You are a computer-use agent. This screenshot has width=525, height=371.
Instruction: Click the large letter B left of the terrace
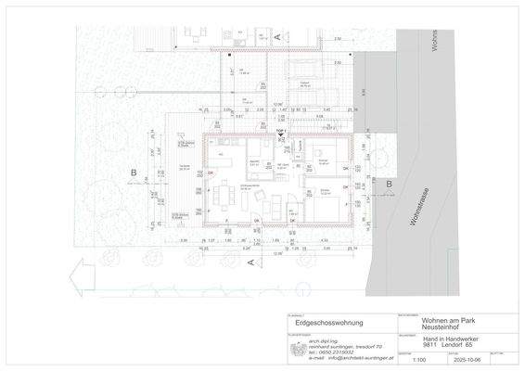134,173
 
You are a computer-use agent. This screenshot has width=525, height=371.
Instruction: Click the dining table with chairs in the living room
224,195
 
